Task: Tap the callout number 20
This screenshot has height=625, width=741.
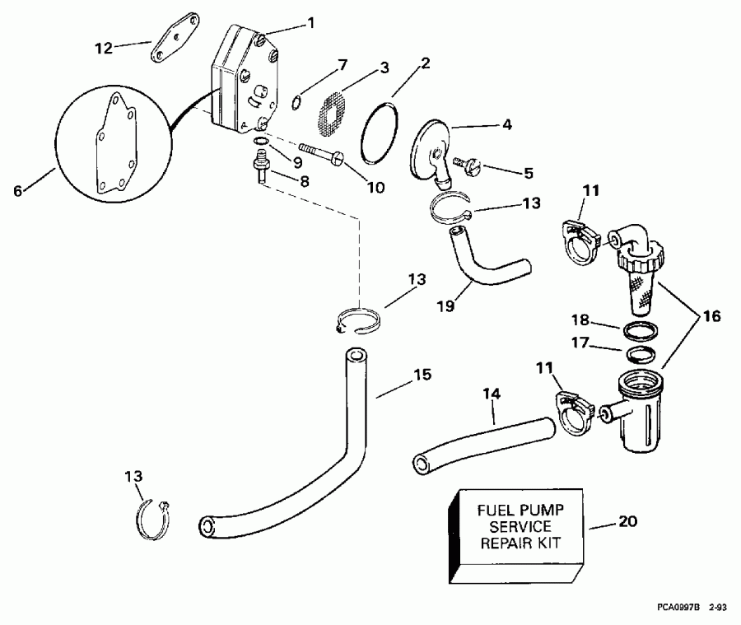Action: pos(628,522)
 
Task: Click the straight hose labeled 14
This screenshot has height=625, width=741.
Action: pos(481,444)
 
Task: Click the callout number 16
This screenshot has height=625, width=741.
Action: pos(709,315)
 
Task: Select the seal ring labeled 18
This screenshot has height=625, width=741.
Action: pos(641,331)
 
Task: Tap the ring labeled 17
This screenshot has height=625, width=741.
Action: pos(640,355)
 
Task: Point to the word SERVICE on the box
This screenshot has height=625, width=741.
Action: pos(520,525)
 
